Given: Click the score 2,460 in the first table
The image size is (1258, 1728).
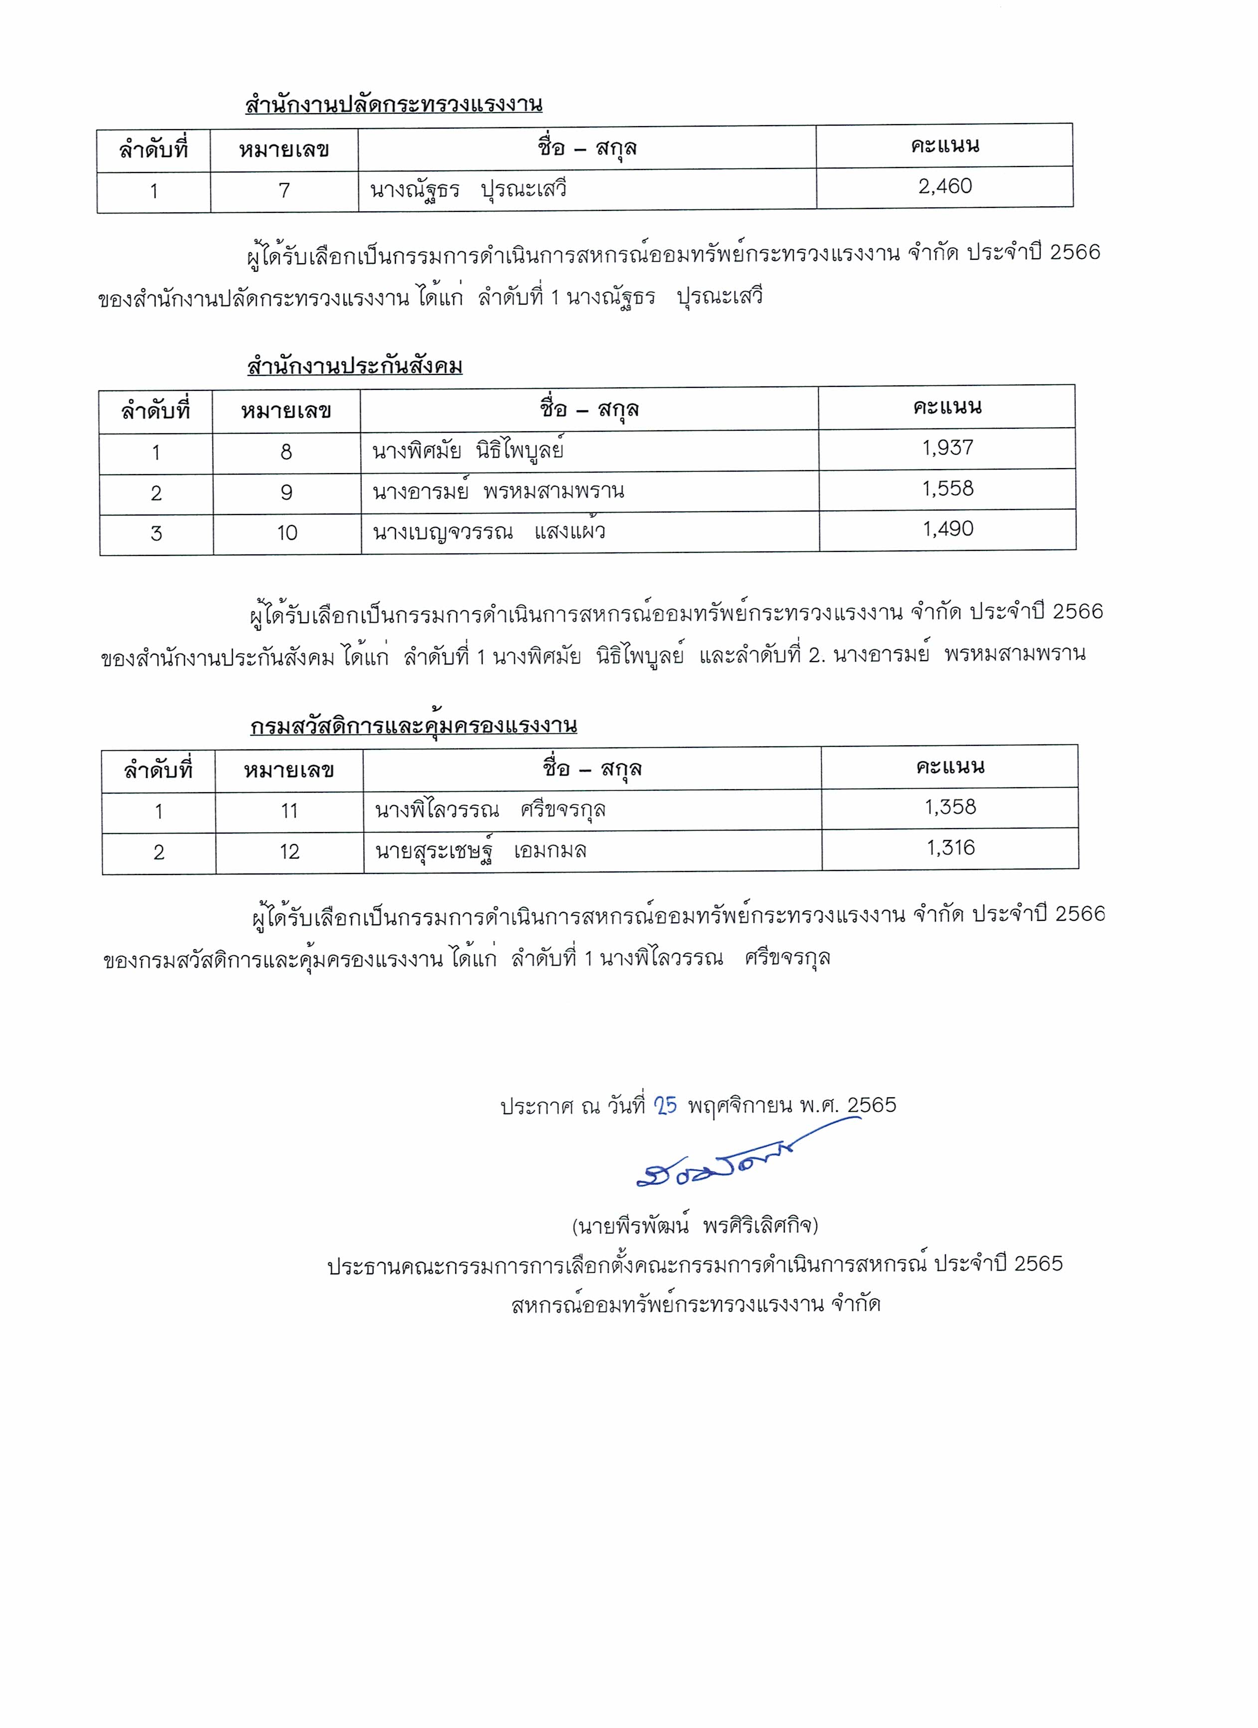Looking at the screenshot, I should click(945, 186).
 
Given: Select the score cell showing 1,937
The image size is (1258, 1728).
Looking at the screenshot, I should click(948, 448).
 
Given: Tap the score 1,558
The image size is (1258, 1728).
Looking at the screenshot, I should click(948, 489).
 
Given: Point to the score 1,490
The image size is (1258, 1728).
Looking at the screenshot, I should click(948, 529).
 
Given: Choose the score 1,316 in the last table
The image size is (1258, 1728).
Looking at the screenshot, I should click(950, 848).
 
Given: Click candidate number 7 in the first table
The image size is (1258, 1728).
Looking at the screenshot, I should click(284, 190).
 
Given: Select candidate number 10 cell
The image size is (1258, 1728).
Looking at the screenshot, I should click(287, 533).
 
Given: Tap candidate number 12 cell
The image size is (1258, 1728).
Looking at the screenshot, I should click(290, 852).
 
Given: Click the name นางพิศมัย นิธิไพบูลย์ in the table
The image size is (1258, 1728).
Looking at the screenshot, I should click(468, 452).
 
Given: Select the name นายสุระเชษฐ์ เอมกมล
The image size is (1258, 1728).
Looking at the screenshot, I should click(481, 851).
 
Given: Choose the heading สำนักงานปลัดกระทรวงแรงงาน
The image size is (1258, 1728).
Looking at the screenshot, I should click(393, 104).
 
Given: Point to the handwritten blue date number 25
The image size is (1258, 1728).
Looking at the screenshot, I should click(665, 1105).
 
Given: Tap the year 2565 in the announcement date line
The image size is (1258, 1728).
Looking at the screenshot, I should click(872, 1105).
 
